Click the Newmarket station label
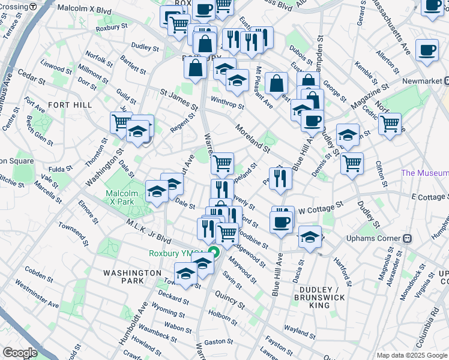[418, 81]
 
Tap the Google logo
[20, 353]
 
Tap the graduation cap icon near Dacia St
[310, 236]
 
